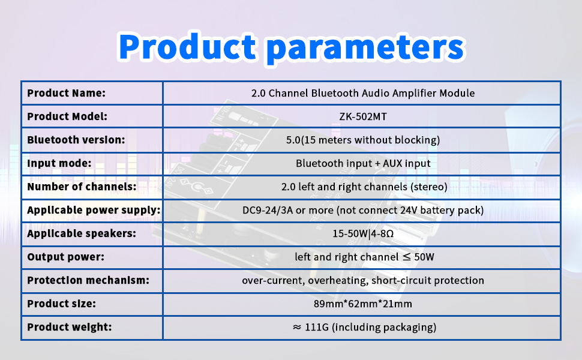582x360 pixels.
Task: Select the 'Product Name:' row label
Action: [66, 93]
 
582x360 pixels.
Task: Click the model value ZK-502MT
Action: [363, 116]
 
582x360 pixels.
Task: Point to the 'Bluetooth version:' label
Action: [76, 140]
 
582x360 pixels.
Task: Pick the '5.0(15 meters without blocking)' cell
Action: [363, 140]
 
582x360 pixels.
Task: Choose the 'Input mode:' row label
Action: [59, 163]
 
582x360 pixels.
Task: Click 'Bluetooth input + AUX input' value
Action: [363, 163]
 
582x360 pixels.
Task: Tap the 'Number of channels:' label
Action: [82, 187]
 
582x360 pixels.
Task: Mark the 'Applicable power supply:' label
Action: [94, 211]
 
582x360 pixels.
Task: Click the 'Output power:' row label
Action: [65, 257]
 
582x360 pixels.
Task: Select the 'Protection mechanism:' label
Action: [88, 281]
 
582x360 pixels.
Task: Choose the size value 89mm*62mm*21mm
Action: [363, 304]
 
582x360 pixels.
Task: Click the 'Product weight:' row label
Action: [70, 328]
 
